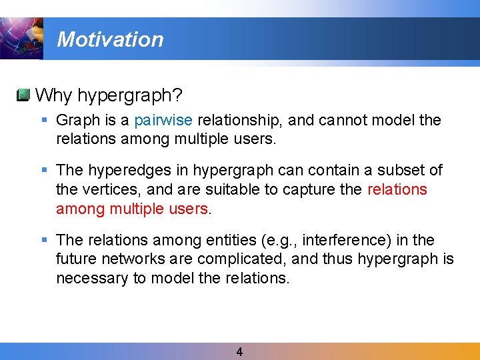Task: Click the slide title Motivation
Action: tap(110, 39)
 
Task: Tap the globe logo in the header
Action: tap(21, 39)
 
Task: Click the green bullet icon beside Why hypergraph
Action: tap(23, 95)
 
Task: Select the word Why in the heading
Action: tap(53, 95)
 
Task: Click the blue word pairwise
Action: tap(163, 120)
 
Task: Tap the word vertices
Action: tap(107, 189)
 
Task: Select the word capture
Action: tap(309, 189)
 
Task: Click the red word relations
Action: tap(397, 189)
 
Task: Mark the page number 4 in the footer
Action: tap(239, 351)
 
